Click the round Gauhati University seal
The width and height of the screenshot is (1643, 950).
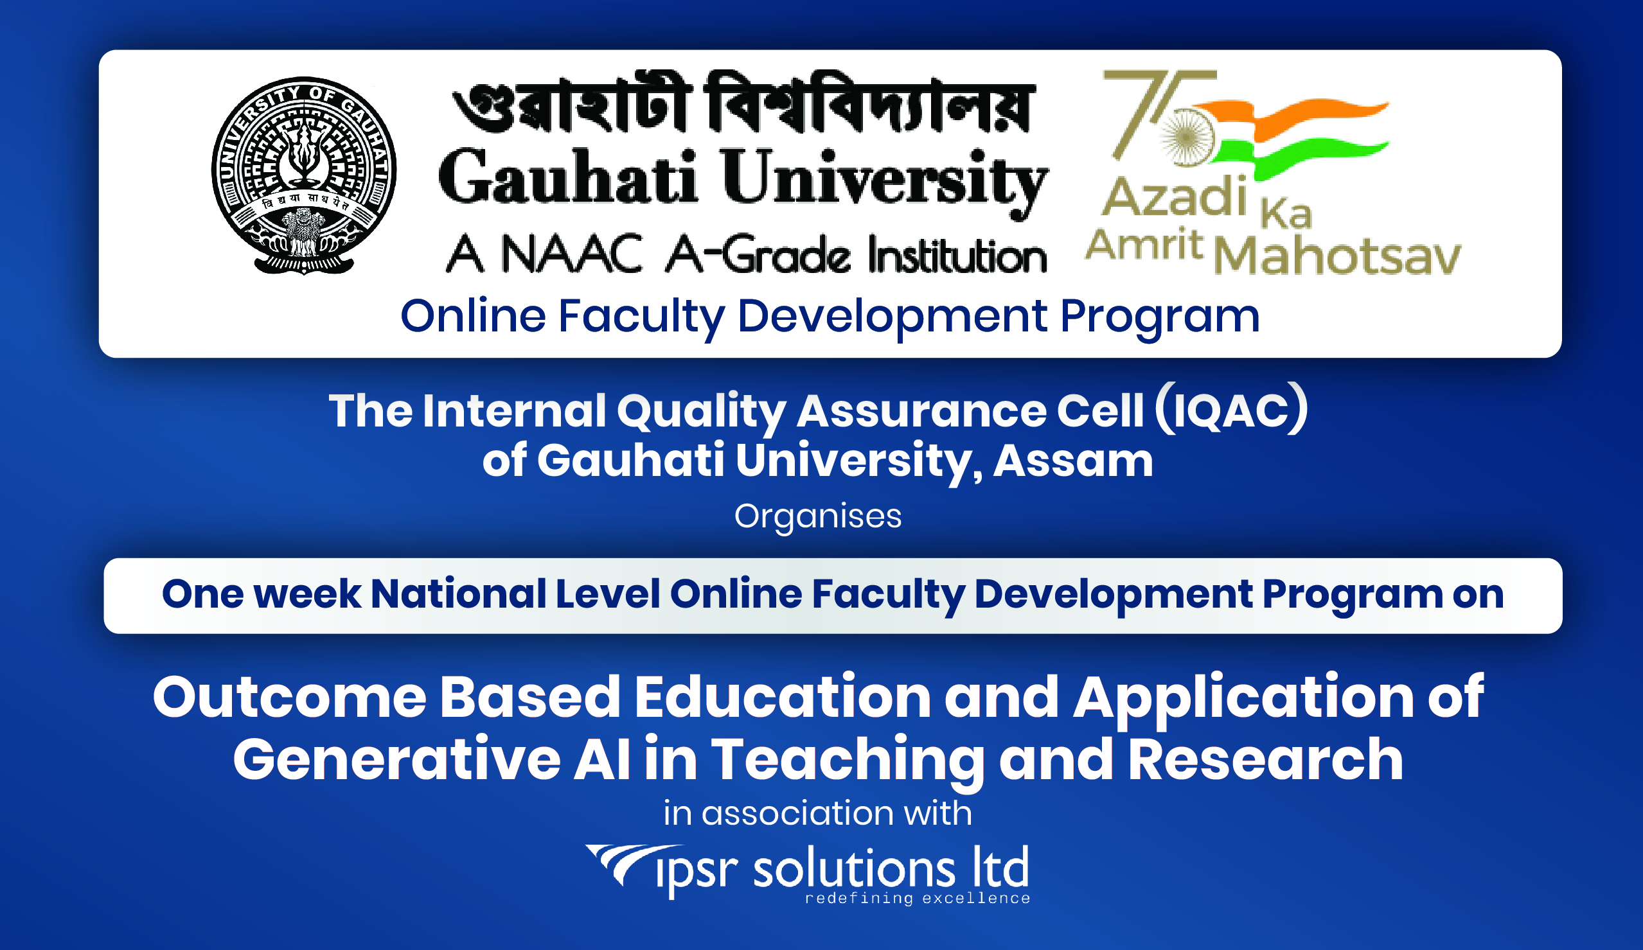click(x=304, y=175)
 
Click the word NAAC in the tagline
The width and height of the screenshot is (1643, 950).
click(x=572, y=254)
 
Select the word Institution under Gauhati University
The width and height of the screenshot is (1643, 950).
click(x=957, y=256)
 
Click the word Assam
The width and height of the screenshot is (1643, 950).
click(x=1073, y=461)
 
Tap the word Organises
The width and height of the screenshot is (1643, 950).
click(x=818, y=516)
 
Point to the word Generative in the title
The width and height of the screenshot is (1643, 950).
click(x=396, y=759)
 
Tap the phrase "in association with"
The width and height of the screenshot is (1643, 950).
click(x=817, y=813)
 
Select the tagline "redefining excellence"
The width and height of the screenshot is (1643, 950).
click(x=918, y=899)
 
